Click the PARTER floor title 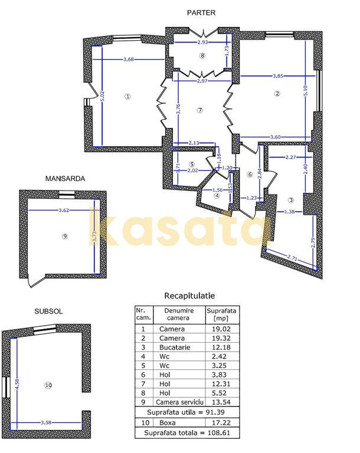(x=201, y=13)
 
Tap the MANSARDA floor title (x=65, y=179)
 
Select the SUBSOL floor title (x=48, y=311)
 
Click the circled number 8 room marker (x=202, y=55)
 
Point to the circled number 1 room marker (x=127, y=97)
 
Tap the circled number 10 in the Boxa (x=48, y=385)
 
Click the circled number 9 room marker (x=65, y=237)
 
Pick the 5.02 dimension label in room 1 (x=102, y=97)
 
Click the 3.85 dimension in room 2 (x=278, y=76)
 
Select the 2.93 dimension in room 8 (x=202, y=42)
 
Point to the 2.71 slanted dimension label (x=292, y=257)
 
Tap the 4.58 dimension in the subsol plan (x=17, y=383)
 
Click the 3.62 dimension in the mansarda (x=64, y=210)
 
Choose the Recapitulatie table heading (x=189, y=296)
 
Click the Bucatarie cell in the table (x=175, y=347)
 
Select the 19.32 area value (x=221, y=338)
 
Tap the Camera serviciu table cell (x=179, y=402)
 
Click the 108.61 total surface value (x=219, y=433)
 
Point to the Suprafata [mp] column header (x=221, y=314)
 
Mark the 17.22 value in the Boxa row (x=221, y=423)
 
